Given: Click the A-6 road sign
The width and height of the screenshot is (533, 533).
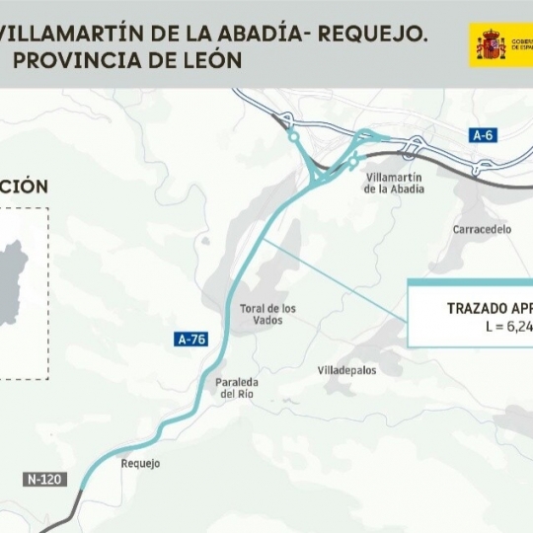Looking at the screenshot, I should (483, 135).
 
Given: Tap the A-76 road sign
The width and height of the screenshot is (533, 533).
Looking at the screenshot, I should (191, 340).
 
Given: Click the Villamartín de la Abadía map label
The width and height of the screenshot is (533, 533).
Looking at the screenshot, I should (395, 183).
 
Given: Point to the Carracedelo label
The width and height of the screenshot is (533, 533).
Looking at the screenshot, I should (482, 229).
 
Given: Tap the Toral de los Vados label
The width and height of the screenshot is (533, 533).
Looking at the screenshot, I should (267, 314).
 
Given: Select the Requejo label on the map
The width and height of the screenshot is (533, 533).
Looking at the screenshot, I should (139, 463).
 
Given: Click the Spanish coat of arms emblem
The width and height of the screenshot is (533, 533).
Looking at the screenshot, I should (491, 44).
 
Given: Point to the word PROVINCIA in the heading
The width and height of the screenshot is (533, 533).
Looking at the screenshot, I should (76, 60).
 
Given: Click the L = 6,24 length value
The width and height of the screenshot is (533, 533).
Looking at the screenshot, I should (509, 327).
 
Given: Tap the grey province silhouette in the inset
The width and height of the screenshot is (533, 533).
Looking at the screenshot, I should (14, 281).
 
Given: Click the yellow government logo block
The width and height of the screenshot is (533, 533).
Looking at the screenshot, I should (501, 45).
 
